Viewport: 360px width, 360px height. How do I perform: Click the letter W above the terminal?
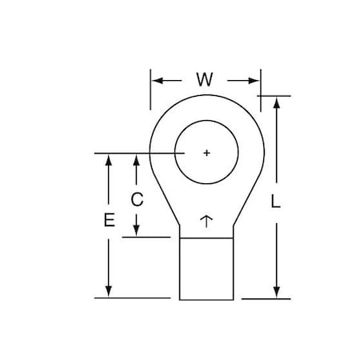[204, 80]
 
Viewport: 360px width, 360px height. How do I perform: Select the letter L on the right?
[276, 203]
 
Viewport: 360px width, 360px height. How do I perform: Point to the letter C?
[137, 200]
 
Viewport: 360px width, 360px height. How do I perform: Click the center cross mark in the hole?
[206, 153]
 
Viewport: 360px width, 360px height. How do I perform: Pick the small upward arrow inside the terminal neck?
[206, 219]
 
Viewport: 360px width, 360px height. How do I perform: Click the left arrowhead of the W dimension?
[155, 80]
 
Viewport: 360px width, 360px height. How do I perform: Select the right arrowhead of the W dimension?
[256, 80]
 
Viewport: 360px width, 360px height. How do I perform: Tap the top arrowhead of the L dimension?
[277, 102]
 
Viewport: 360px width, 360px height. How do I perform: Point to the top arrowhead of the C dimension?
[137, 158]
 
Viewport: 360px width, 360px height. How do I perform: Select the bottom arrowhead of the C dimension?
[137, 231]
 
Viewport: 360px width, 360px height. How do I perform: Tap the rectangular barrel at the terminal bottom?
[206, 268]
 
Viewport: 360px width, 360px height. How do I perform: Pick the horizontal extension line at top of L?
[275, 96]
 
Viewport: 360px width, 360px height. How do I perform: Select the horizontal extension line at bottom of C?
[152, 237]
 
